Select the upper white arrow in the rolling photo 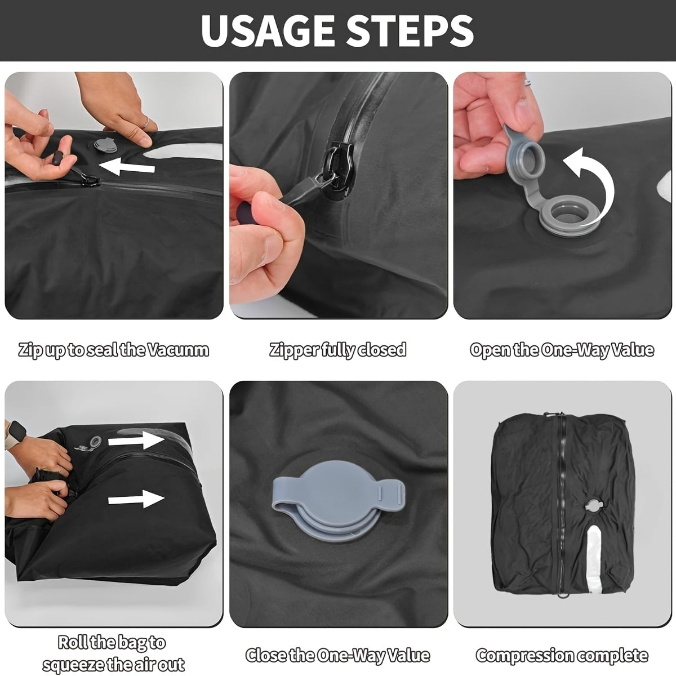(x=135, y=439)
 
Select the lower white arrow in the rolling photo (x=135, y=499)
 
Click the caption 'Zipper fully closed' (x=338, y=350)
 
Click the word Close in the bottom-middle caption (x=265, y=655)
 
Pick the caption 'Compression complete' (x=562, y=655)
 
